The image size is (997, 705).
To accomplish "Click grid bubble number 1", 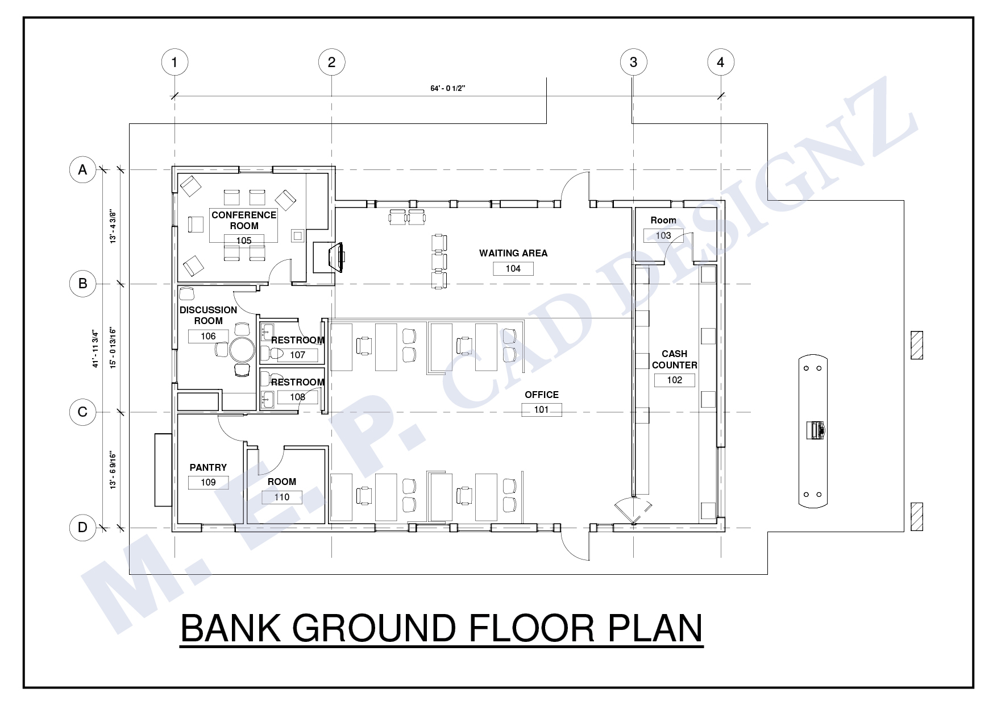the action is coord(175,62).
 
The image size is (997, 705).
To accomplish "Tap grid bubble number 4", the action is coord(721,62).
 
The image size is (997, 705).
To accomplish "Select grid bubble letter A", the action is coord(83,169).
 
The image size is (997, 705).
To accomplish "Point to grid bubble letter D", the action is coord(83,527).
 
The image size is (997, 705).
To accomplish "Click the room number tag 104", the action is coord(513,268).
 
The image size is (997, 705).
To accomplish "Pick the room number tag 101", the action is coord(542,409).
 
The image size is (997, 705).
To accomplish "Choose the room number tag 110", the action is coord(282,497).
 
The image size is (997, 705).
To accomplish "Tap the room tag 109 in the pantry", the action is coord(208,482).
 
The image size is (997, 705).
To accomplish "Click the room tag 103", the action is coord(663,235).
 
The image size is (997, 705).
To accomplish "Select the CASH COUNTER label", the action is coord(675,359).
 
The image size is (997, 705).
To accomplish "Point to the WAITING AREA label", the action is coord(513,253).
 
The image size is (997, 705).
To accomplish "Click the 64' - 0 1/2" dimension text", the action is coord(448,88).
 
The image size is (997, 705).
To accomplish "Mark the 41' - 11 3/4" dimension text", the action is coord(95,349).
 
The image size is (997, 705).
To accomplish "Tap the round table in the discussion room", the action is coord(242,350).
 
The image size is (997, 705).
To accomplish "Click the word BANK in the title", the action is coord(231,628).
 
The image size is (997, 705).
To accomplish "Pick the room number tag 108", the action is coord(298,397).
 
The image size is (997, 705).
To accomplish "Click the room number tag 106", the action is coord(208,336).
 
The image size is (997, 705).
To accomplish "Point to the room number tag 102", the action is coord(675,380).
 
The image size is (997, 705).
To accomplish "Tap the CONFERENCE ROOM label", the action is coord(244,220).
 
